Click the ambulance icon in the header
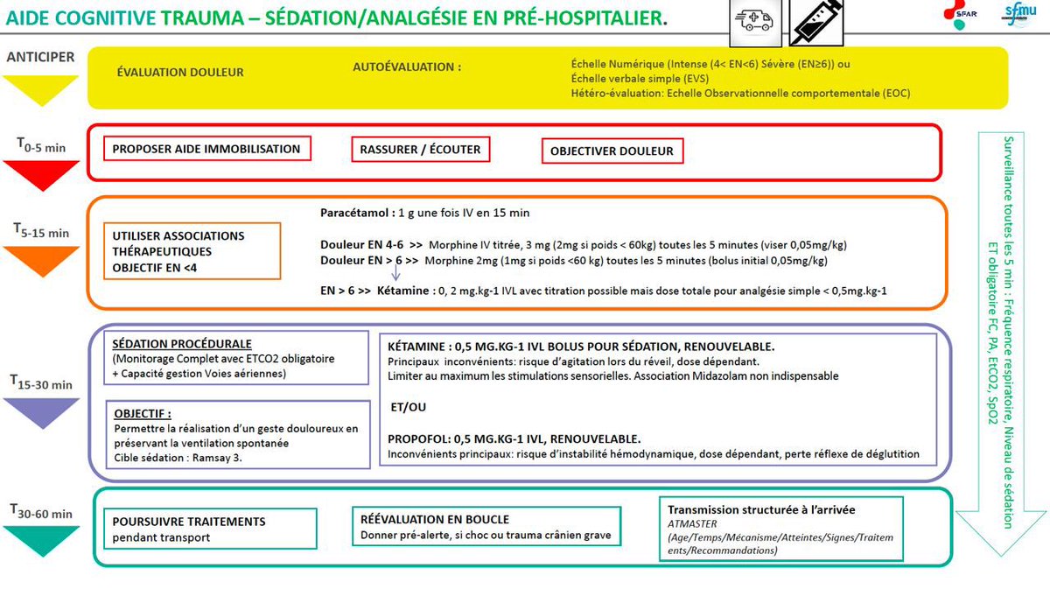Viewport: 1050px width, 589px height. click(x=754, y=22)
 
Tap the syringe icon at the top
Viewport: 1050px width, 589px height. click(x=815, y=22)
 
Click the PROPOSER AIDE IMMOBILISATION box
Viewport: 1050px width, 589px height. click(x=206, y=149)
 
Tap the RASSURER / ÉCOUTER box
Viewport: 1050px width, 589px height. click(x=420, y=150)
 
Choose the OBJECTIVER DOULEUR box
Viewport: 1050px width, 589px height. click(x=612, y=151)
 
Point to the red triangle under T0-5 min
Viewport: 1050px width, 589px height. click(x=41, y=175)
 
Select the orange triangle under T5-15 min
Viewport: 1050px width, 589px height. click(x=41, y=261)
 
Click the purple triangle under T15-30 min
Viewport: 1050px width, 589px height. click(x=41, y=411)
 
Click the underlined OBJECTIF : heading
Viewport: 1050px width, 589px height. click(x=143, y=413)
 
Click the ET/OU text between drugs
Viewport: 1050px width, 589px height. click(x=407, y=407)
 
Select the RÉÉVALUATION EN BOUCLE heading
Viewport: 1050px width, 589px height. click(x=434, y=520)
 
